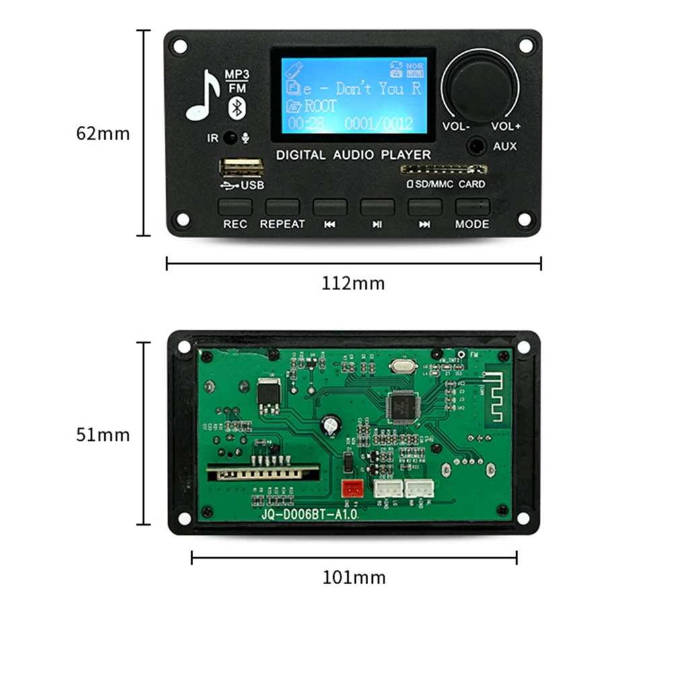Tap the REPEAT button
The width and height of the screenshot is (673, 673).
tap(282, 207)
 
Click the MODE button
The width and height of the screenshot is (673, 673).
tap(472, 207)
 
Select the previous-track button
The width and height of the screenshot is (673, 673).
tap(330, 207)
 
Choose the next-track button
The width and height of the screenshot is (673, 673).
tap(425, 207)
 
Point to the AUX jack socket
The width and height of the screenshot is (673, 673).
tap(478, 145)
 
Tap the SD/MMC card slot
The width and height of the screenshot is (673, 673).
tap(442, 170)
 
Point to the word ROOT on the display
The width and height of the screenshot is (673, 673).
tap(320, 106)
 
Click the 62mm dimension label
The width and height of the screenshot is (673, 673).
tap(102, 133)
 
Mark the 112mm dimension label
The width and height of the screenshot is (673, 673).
tap(353, 283)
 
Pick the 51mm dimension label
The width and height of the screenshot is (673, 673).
tap(102, 434)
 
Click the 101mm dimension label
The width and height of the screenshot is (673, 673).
tap(354, 577)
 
